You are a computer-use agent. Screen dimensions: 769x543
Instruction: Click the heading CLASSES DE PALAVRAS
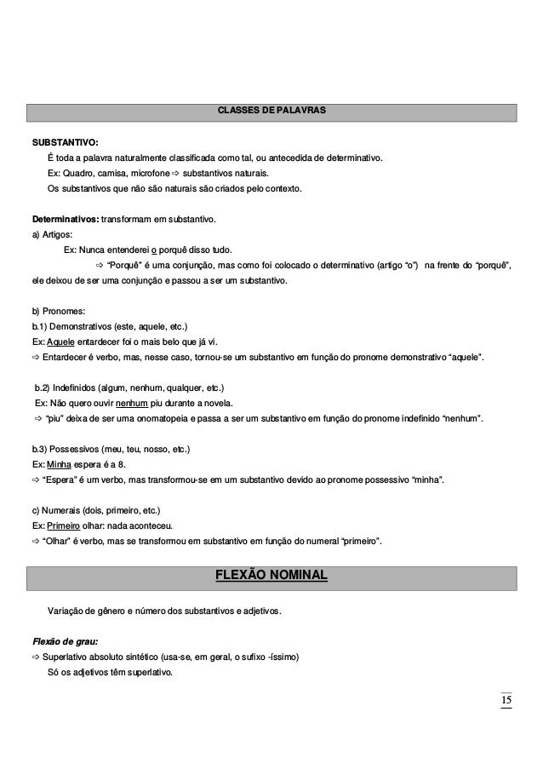pyautogui.click(x=271, y=112)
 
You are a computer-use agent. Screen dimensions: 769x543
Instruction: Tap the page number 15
pyautogui.click(x=506, y=700)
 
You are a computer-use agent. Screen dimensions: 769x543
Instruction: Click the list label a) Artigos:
pyautogui.click(x=52, y=234)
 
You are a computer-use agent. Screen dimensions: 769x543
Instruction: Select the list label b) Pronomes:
pyautogui.click(x=60, y=312)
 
